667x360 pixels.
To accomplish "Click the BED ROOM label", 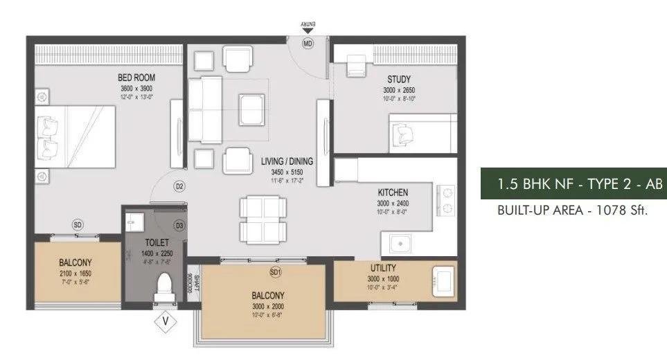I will click(x=136, y=77).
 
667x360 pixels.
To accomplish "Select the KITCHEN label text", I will click(x=392, y=192).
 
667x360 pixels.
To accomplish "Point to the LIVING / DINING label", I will click(x=287, y=161).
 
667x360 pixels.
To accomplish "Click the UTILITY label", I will click(x=383, y=268).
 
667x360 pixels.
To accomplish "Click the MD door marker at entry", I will click(x=308, y=43).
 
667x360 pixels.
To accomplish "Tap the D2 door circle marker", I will click(x=179, y=186).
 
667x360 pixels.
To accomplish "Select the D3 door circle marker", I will click(x=179, y=225).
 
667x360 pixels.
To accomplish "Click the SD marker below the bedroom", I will click(x=78, y=224).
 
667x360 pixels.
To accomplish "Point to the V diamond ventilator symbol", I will click(x=165, y=321).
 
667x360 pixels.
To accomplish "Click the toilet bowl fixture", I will click(x=164, y=287).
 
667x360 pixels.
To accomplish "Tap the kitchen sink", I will click(x=398, y=244).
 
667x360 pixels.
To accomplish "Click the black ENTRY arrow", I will click(x=308, y=31).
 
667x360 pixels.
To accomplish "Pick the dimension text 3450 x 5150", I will click(x=287, y=170).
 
